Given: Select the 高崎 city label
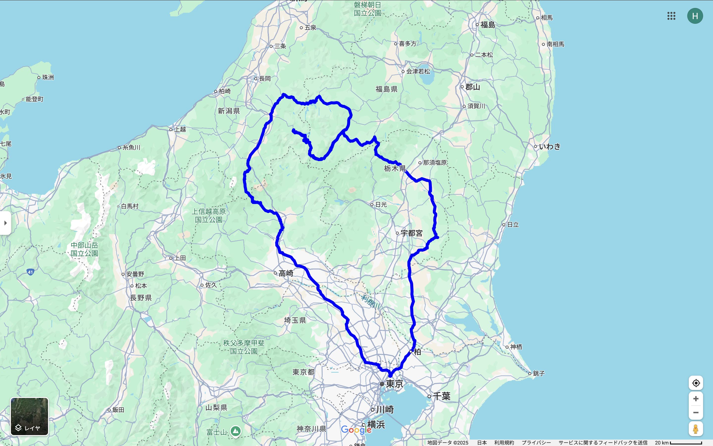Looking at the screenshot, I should tap(286, 273).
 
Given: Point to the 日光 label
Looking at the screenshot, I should tap(381, 204).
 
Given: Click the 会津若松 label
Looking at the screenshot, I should tap(418, 71).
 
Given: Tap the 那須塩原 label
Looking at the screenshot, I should tap(434, 163).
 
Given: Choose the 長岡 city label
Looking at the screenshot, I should tap(265, 79).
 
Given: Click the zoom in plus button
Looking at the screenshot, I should tap(696, 399).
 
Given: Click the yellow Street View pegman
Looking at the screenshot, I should tap(696, 429).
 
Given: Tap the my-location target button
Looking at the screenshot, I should tap(696, 383).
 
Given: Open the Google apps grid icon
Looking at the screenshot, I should tap(671, 16).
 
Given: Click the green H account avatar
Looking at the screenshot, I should tap(695, 16).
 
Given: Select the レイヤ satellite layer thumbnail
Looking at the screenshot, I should tap(29, 416).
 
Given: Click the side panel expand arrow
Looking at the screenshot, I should tap(5, 223).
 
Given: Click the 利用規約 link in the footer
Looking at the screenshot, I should tap(504, 443).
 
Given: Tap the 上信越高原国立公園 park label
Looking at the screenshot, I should tap(209, 216).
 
